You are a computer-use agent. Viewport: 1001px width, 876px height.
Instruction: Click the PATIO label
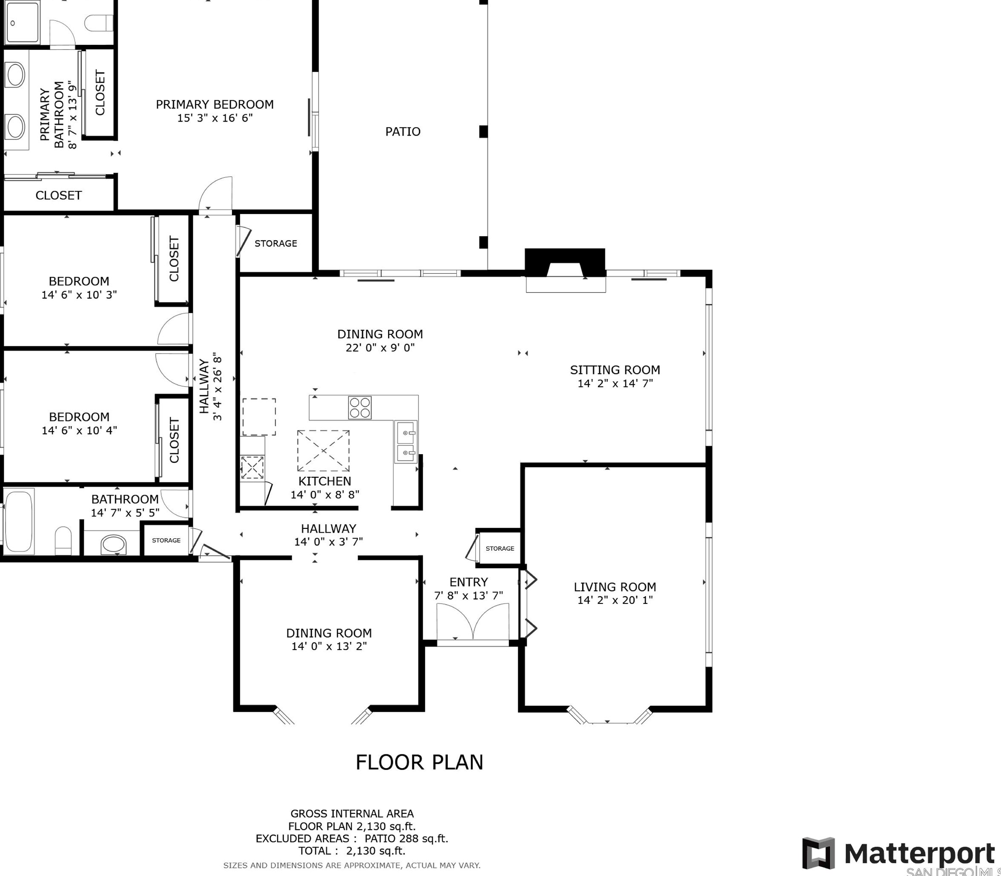pos(403,131)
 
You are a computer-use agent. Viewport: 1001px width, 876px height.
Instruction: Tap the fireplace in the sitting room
pos(565,270)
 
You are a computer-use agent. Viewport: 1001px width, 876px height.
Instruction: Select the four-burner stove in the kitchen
pos(360,408)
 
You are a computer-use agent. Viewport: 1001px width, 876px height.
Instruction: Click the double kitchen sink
pos(406,442)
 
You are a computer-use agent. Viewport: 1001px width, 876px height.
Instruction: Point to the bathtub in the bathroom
pos(19,521)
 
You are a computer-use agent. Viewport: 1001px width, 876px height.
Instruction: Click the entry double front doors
pos(473,621)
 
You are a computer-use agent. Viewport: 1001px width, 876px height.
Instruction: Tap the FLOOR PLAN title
pos(419,762)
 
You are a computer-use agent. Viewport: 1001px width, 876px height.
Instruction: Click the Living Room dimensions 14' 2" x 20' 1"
pos(615,600)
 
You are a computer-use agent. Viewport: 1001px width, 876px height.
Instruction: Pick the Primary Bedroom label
pos(215,104)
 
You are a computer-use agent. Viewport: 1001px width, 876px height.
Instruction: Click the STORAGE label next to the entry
pos(499,548)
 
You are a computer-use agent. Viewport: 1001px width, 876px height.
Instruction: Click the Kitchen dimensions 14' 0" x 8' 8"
pos(325,494)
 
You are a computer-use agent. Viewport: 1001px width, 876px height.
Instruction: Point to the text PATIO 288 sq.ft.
pos(406,838)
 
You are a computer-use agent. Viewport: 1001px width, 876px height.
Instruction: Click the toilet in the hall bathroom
pos(63,540)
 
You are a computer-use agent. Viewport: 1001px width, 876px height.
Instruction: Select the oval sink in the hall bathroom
pos(113,545)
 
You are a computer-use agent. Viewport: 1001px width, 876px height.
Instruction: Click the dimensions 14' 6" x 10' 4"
pos(79,430)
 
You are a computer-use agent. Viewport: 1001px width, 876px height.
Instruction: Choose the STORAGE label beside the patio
pos(276,244)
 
